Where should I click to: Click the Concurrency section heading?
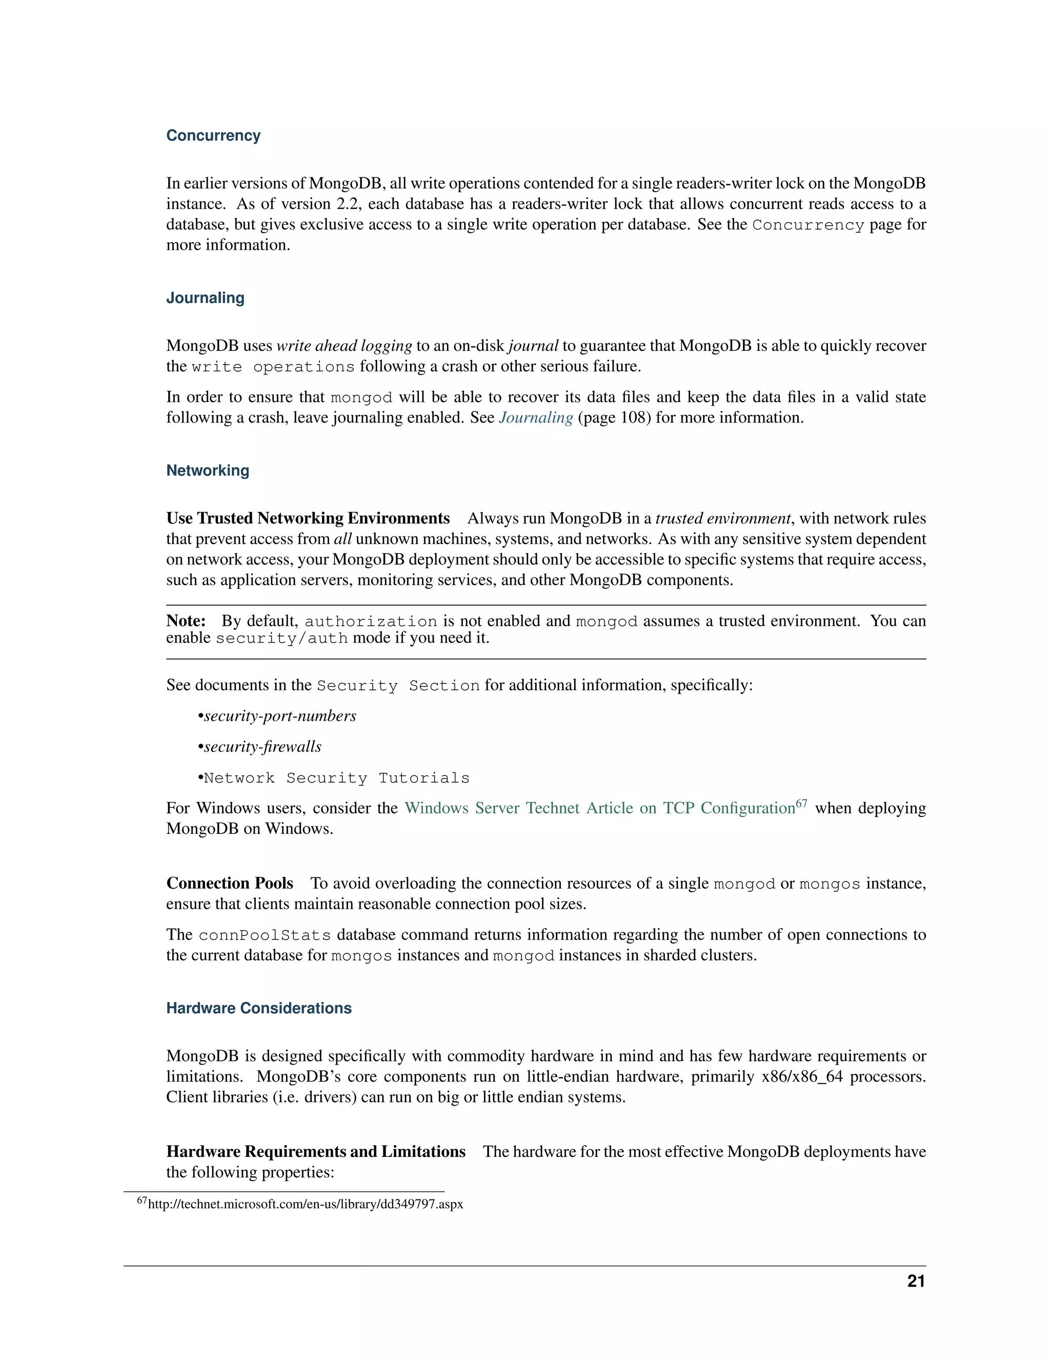pyautogui.click(x=213, y=136)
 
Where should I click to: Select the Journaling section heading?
pyautogui.click(x=205, y=298)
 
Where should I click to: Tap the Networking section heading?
pyautogui.click(x=207, y=470)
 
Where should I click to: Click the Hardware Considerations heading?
pyautogui.click(x=259, y=1008)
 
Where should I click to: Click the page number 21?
pyautogui.click(x=916, y=1281)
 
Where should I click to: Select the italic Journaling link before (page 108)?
pyautogui.click(x=536, y=417)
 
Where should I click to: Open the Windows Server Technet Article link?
pyautogui.click(x=600, y=808)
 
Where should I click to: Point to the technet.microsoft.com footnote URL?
pyautogui.click(x=306, y=1204)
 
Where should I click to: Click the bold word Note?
pyautogui.click(x=186, y=621)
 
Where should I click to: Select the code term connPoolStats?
pyautogui.click(x=265, y=935)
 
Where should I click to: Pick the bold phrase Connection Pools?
pyautogui.click(x=230, y=884)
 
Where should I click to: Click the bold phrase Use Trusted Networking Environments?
pyautogui.click(x=308, y=518)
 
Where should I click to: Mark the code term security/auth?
pyautogui.click(x=281, y=638)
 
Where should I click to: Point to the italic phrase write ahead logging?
pyautogui.click(x=344, y=346)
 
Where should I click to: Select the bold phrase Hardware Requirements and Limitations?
pyautogui.click(x=315, y=1152)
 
